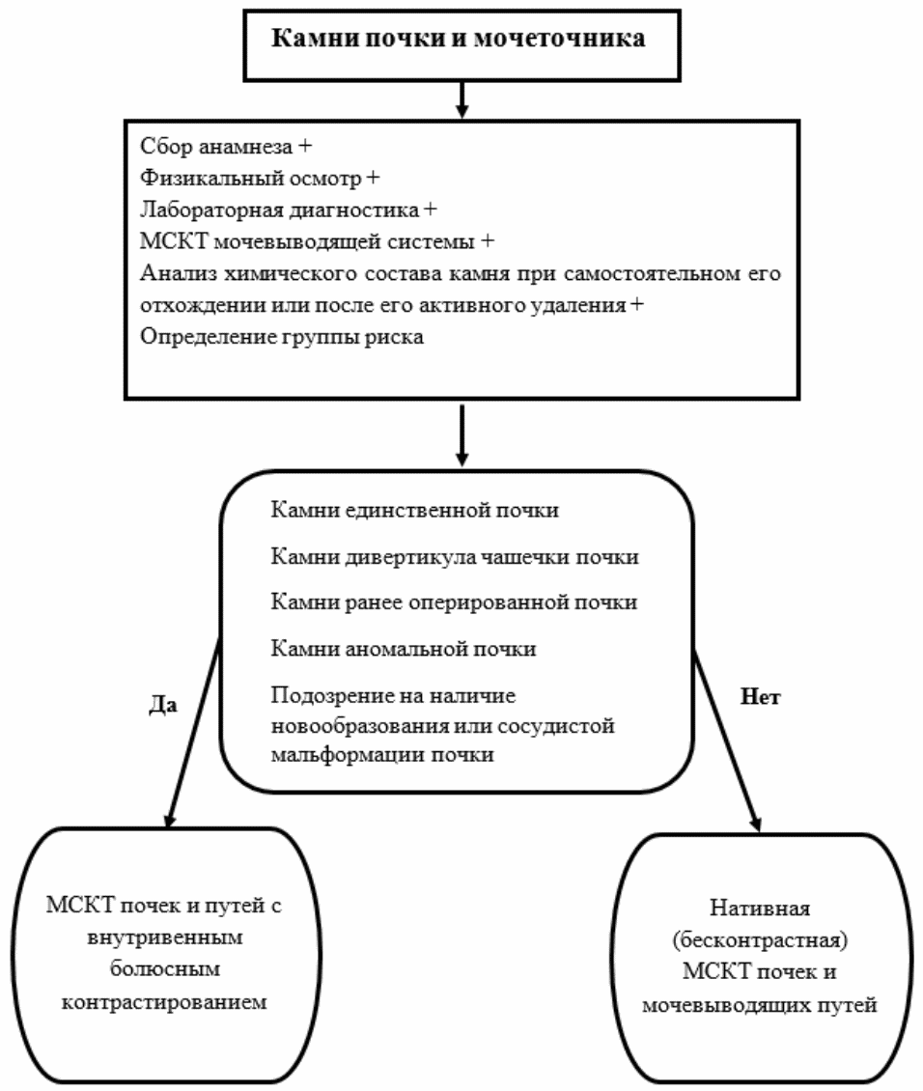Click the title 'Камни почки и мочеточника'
coord(459,39)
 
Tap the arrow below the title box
coord(461,100)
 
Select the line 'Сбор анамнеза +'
coord(226,147)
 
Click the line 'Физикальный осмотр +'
coord(260,178)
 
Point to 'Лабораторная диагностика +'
coord(288,210)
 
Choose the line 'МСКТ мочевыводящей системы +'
coord(317,241)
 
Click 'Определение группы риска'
coord(282,338)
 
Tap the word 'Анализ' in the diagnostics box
coord(178,273)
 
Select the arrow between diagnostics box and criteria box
coord(461,435)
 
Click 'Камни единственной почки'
coord(414,511)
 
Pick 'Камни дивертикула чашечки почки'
coord(454,557)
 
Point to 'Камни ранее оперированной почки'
coord(454,602)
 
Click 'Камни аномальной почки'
coord(404,649)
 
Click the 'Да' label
coord(163,705)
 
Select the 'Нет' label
coord(760,696)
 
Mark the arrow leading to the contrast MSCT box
coord(194,734)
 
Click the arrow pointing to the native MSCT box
coord(728,741)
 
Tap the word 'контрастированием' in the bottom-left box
coord(164,1002)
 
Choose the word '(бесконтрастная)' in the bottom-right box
coord(760,940)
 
